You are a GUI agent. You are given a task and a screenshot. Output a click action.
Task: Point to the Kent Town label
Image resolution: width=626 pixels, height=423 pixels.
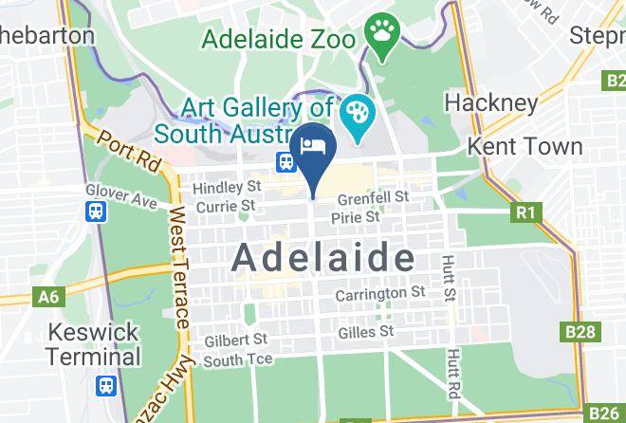[x=525, y=146]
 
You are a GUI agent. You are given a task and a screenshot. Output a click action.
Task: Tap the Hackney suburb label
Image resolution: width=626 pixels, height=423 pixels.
[x=490, y=101]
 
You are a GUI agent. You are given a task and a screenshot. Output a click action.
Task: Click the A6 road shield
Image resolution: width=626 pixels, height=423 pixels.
[x=48, y=297]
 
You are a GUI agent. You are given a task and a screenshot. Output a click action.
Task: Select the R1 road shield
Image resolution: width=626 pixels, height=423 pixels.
[x=525, y=212]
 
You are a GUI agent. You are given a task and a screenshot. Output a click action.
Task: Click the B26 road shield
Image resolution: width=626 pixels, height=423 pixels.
[x=603, y=413]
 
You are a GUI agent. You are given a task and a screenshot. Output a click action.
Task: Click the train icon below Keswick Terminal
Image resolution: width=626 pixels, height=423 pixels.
[x=105, y=386]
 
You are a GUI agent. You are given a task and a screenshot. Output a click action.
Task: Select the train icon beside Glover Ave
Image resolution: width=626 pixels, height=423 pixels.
[x=96, y=211]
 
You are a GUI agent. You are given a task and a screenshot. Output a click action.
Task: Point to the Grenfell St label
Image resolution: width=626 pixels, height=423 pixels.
[x=374, y=197]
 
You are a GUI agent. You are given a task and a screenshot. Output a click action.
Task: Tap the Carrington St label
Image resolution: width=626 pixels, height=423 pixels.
[x=380, y=295]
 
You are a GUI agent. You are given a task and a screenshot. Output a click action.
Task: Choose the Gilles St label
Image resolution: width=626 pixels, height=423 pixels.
[x=365, y=332]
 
